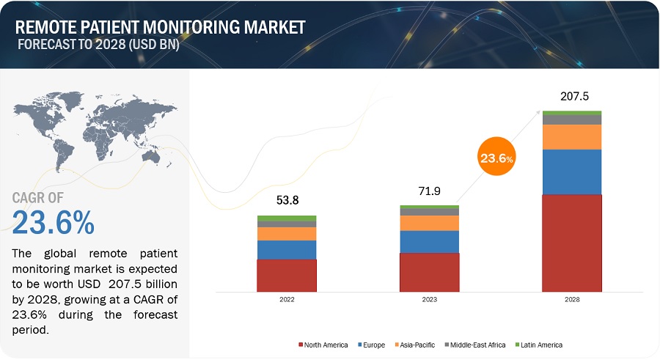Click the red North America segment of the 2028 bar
[572, 243]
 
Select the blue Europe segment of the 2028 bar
[572, 172]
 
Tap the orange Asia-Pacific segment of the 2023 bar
[429, 223]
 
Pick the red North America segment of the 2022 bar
[286, 275]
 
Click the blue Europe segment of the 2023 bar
[429, 241]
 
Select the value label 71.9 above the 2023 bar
[429, 191]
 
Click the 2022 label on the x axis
[286, 299]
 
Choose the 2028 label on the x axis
[572, 299]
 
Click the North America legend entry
[323, 345]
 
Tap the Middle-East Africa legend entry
[476, 345]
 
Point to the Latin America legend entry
[539, 345]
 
